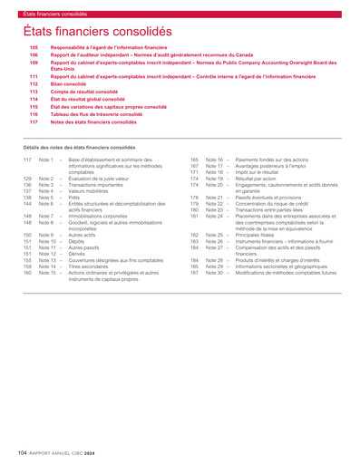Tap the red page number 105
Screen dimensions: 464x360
pos(34,46)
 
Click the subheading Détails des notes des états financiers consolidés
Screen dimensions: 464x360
pos(80,147)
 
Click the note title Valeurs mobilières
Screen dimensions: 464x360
pos(88,191)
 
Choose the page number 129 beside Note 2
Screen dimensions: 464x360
pos(28,179)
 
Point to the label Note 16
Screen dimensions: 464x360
pos(214,159)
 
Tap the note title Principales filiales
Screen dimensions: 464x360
pos(259,235)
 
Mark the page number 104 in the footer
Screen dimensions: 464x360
pos(23,450)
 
